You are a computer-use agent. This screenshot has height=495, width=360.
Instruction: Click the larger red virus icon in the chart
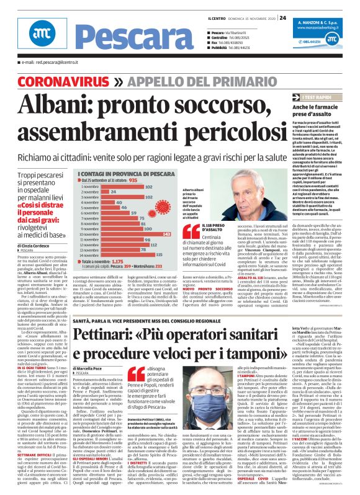point(168,197)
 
